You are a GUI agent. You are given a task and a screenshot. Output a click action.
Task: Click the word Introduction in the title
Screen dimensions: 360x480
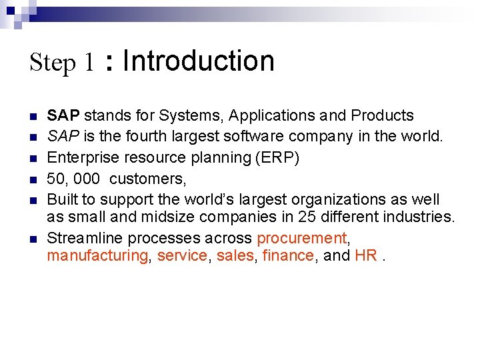tap(199, 61)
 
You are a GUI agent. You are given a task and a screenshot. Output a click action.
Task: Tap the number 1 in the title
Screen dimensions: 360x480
tap(89, 63)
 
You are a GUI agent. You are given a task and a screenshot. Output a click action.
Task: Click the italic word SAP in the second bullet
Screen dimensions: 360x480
tap(63, 137)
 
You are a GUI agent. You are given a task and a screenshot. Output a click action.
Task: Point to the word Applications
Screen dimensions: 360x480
tap(273, 116)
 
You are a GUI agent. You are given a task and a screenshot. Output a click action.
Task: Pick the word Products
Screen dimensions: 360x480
tap(382, 115)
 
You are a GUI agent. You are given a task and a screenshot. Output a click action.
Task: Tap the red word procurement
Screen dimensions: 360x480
tap(302, 238)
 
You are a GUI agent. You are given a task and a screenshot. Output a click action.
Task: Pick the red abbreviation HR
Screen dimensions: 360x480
tap(366, 255)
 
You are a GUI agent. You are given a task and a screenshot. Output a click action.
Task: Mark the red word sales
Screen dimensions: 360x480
tap(235, 255)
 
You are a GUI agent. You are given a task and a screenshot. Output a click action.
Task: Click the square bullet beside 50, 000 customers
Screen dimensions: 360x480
tap(33, 179)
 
